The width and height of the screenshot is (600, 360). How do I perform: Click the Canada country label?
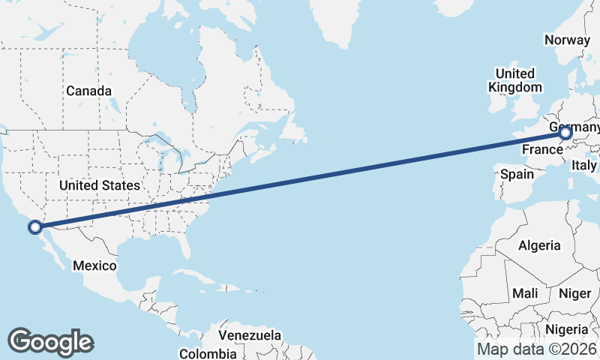(88, 91)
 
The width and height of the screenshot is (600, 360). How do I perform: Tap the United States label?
(99, 184)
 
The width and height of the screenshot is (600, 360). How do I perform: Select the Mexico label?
(94, 265)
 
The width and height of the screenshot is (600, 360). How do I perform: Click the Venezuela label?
(250, 334)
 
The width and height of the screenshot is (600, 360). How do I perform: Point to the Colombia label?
(208, 353)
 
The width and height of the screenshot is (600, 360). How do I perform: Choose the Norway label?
(568, 40)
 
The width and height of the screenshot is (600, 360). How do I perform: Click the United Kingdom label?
(514, 80)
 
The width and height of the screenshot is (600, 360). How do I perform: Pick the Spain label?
(517, 174)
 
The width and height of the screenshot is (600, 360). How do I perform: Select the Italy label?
(584, 165)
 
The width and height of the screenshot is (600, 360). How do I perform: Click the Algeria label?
(539, 245)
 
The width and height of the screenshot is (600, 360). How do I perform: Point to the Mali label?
(525, 293)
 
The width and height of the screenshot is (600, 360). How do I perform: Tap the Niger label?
(575, 293)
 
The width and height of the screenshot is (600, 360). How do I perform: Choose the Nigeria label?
(566, 329)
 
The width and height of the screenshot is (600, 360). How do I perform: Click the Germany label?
(574, 127)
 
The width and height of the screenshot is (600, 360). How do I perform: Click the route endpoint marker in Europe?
(565, 134)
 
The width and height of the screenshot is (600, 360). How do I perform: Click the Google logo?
(50, 341)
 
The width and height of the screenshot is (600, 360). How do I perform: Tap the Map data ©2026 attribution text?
(537, 349)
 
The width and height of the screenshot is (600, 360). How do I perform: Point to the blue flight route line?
(300, 180)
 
